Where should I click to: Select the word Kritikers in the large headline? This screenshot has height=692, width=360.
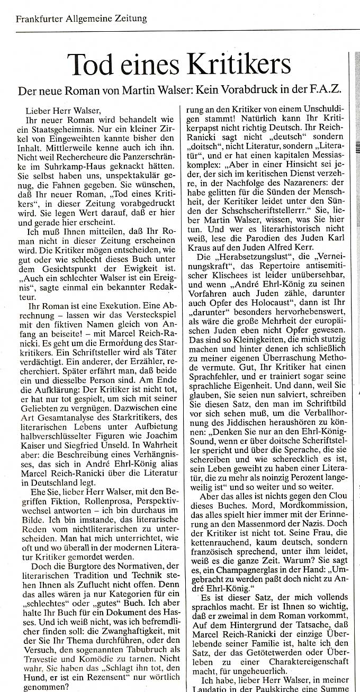pos(246,65)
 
